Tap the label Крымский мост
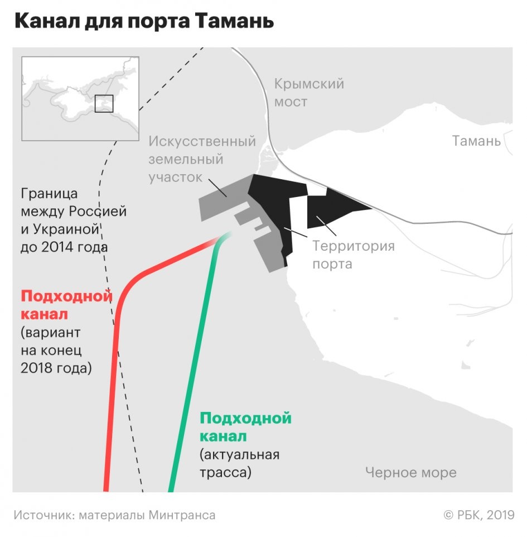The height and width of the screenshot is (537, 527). (x=308, y=93)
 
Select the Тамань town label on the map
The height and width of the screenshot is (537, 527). (x=476, y=141)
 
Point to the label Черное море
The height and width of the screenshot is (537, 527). (x=410, y=473)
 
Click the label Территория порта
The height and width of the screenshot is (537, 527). (x=353, y=255)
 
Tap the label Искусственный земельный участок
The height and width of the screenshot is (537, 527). (x=202, y=159)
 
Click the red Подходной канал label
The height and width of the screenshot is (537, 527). (x=66, y=304)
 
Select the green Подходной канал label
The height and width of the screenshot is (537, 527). (x=245, y=426)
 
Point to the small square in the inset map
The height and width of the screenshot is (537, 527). (x=104, y=104)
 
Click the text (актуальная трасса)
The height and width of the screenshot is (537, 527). (x=239, y=463)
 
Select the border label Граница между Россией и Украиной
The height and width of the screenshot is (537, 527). (x=73, y=220)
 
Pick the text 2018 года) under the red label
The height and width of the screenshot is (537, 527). (x=56, y=369)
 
